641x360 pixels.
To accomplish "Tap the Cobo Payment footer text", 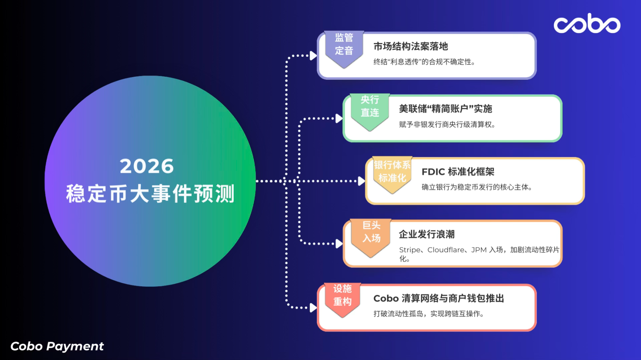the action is click(x=57, y=346).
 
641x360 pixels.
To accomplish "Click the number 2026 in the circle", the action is click(x=147, y=166).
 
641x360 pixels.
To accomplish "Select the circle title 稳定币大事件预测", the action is click(x=150, y=194).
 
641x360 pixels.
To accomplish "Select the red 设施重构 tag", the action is click(x=342, y=299).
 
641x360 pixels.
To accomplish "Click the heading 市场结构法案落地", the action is click(x=411, y=46).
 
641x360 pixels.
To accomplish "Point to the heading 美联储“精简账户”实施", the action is click(x=446, y=109).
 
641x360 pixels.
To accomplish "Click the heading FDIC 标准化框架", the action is click(x=458, y=172).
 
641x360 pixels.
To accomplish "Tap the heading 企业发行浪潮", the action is click(x=427, y=234).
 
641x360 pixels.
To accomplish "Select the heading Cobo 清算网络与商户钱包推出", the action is click(x=438, y=298).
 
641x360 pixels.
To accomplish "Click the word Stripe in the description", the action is click(x=410, y=250).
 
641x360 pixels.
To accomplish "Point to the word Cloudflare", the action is click(x=446, y=250).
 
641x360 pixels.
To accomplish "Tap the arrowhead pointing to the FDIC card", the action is click(x=361, y=181).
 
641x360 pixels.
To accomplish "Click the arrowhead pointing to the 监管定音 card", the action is click(x=313, y=56).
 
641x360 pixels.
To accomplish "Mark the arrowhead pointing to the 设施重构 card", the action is click(x=313, y=308).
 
